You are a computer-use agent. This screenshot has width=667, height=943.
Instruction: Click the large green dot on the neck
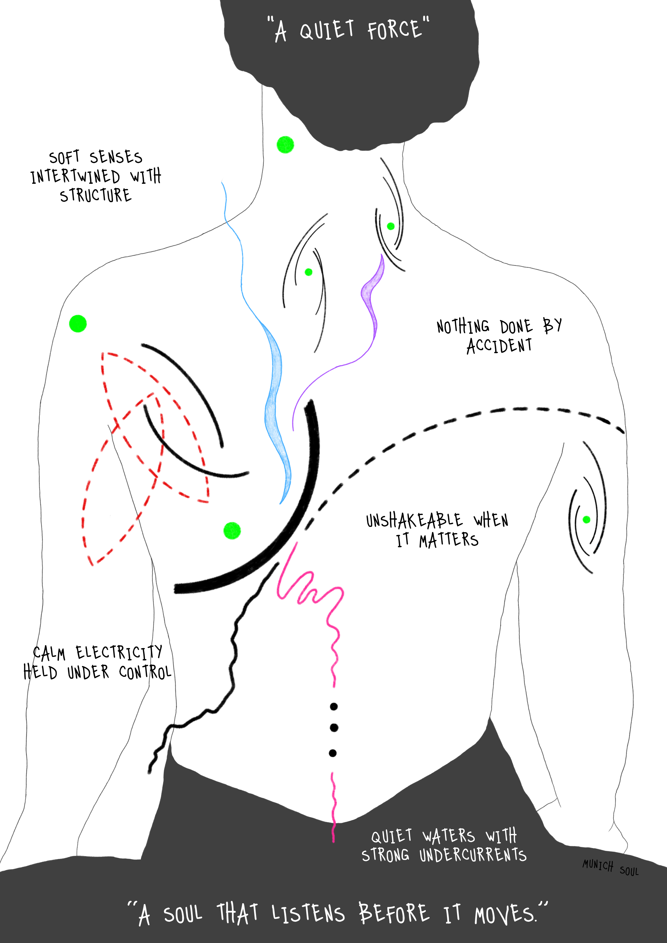click(x=285, y=145)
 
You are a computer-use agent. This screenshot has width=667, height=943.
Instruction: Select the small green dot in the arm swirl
click(x=587, y=520)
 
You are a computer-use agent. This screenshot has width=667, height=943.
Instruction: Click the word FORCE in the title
click(x=394, y=30)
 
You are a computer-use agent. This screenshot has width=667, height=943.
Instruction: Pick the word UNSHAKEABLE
click(x=414, y=521)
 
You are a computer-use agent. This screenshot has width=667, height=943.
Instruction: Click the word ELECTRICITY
click(x=119, y=652)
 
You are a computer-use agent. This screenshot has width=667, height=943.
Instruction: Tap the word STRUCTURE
click(x=96, y=195)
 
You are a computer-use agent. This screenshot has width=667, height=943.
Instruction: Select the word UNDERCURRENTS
click(x=473, y=855)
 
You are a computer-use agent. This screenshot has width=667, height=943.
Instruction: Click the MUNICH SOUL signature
click(x=610, y=868)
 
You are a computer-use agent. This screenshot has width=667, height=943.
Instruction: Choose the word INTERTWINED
click(x=75, y=177)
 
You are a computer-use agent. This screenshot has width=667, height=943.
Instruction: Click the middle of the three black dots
click(x=334, y=728)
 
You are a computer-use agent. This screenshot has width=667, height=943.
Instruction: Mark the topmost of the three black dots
click(x=334, y=706)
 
